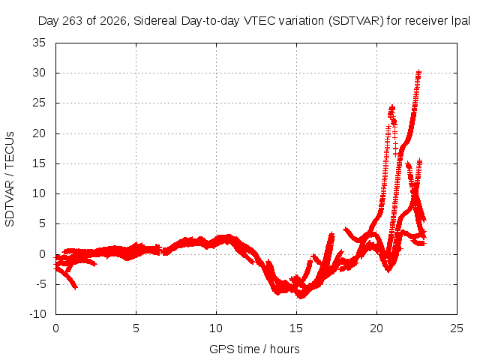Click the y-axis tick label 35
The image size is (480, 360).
(39, 43)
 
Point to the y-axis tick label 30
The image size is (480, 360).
(39, 73)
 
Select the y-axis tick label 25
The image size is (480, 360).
(39, 103)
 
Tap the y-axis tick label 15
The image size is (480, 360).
(39, 163)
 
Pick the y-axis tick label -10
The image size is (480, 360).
(37, 314)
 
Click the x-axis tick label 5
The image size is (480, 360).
(136, 328)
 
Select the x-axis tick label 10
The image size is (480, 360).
(216, 328)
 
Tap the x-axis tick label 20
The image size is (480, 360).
(376, 328)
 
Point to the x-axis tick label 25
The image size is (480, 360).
(457, 328)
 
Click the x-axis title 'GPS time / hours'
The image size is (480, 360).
(254, 349)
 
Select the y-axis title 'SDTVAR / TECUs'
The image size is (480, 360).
(10, 179)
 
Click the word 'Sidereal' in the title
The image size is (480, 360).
(155, 21)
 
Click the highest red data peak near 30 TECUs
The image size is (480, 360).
(418, 72)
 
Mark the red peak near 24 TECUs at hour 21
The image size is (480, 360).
(391, 108)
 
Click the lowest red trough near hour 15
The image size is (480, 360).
(301, 296)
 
